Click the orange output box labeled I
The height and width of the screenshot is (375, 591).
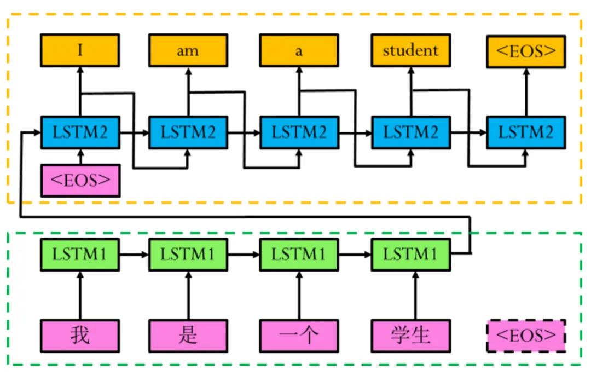(x=80, y=51)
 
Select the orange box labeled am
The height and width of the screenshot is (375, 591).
(x=188, y=51)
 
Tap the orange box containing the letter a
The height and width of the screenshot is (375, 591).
(x=299, y=51)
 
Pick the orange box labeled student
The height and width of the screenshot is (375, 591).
(x=410, y=51)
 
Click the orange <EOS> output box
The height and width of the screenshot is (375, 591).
(x=526, y=51)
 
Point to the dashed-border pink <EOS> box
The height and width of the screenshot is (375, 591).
(x=526, y=335)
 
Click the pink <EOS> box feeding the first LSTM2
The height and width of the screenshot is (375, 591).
(x=80, y=180)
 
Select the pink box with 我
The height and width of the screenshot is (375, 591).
(x=80, y=335)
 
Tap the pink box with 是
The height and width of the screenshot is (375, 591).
(x=188, y=335)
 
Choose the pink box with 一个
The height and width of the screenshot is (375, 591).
(x=299, y=335)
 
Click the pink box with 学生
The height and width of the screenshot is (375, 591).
(x=410, y=335)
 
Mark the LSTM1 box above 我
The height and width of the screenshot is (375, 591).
(x=80, y=255)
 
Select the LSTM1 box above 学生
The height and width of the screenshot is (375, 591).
(x=410, y=255)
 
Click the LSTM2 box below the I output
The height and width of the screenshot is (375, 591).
(x=80, y=132)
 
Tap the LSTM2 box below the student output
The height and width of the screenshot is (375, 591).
(x=410, y=132)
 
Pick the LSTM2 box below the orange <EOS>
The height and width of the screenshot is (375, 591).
(x=526, y=132)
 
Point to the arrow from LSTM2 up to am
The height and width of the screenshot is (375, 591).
(x=188, y=90)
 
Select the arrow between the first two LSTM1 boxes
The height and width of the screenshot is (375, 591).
(x=134, y=255)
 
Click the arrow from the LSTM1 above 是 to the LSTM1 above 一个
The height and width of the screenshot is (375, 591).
(x=244, y=255)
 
